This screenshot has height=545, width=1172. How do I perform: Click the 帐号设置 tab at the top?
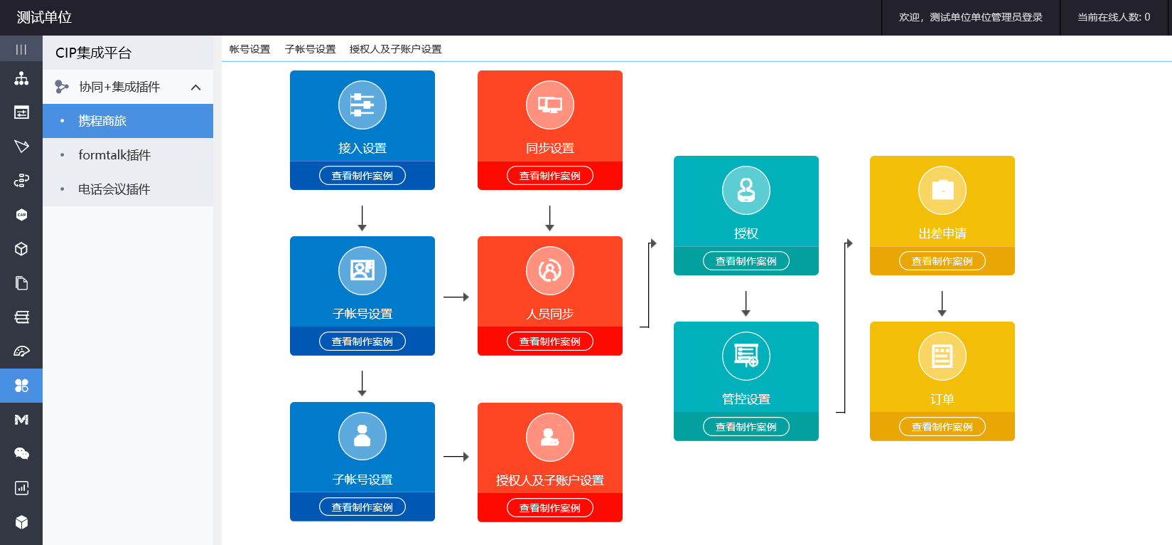point(249,49)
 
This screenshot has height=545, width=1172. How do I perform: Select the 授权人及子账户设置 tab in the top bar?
point(395,49)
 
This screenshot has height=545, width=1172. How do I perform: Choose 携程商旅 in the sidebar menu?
point(102,121)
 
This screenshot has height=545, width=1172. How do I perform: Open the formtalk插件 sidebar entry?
point(114,155)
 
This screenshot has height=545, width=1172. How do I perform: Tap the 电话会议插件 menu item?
point(114,189)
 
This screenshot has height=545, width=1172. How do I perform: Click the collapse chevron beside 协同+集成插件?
point(196,87)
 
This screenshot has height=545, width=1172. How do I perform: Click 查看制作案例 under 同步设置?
point(549,176)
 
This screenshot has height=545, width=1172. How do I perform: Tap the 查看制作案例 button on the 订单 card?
point(942,427)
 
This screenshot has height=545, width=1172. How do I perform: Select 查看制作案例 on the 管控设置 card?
point(746,427)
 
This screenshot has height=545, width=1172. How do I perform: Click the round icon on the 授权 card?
point(746,190)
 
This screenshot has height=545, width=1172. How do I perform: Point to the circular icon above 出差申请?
point(942,190)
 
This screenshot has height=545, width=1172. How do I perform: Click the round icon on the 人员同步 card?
point(549,270)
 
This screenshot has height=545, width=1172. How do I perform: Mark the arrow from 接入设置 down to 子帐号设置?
point(362,218)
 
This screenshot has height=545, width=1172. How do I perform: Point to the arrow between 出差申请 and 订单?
point(942,304)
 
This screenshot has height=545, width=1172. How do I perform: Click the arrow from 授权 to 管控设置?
point(746,304)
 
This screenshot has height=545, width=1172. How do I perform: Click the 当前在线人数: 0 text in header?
point(1113,17)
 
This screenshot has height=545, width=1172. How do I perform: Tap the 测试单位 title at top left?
point(44,17)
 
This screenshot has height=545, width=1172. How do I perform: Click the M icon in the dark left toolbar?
point(21,420)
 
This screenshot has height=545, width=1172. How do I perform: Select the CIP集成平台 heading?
point(93,53)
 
